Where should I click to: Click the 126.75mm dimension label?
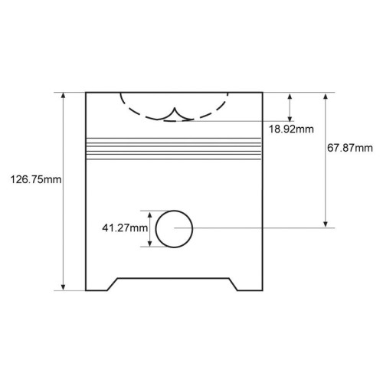coord(36,179)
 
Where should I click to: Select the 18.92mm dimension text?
coord(291,129)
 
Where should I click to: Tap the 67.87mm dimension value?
coord(350,148)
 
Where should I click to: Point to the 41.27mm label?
coord(125,228)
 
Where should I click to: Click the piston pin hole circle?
coord(174,211)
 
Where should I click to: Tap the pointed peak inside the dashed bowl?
coord(175,108)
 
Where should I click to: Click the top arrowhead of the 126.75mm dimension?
coord(64,96)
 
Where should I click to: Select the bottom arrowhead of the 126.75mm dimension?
coord(64,286)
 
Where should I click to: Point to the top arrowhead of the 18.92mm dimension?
coord(290,97)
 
